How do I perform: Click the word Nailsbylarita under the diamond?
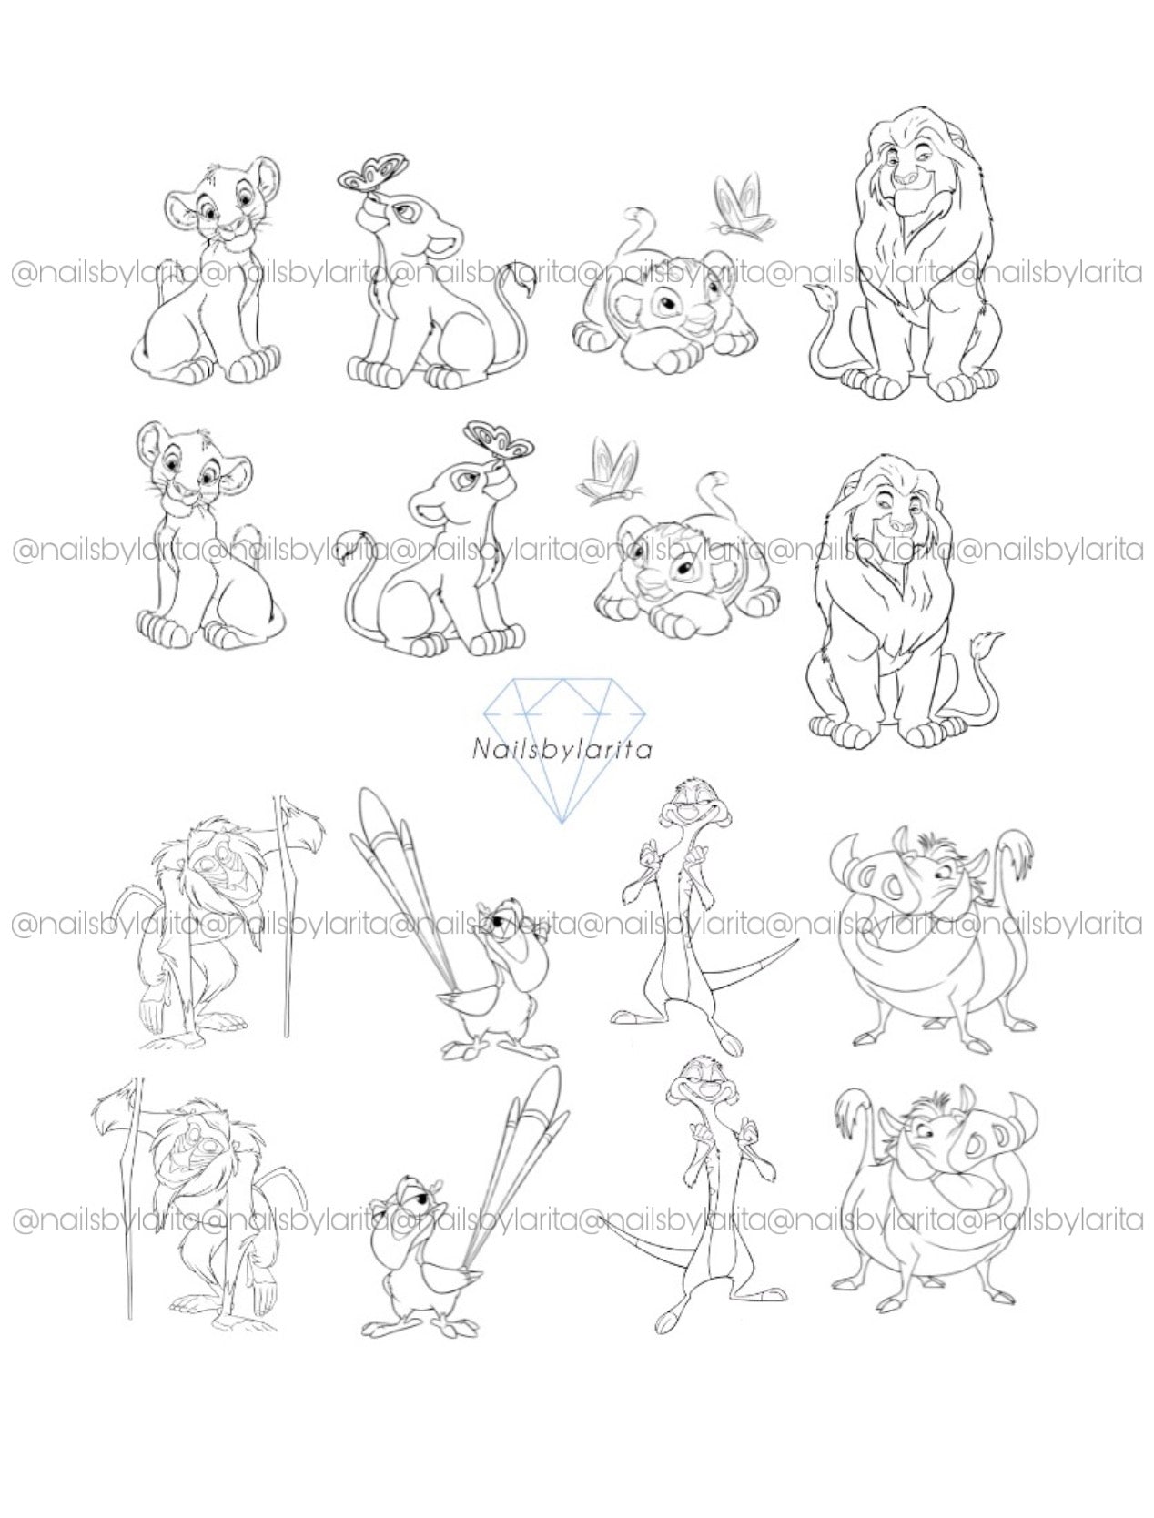561,750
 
